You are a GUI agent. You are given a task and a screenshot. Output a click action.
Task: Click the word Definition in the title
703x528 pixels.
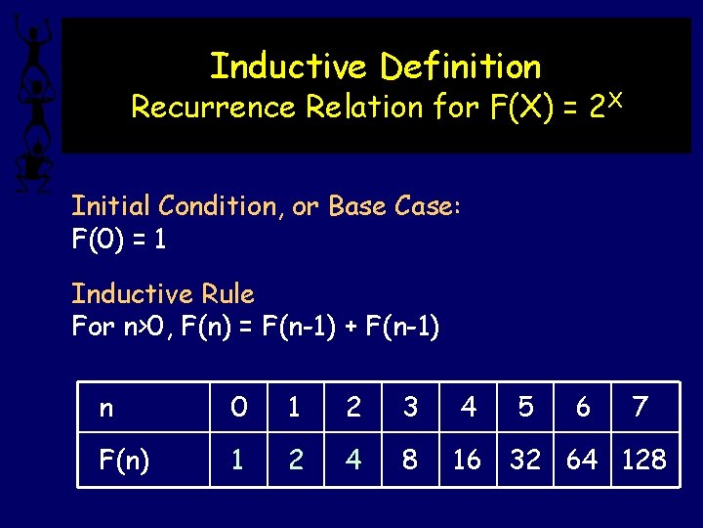[460, 66]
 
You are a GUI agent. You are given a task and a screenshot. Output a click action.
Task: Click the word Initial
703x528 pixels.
[110, 206]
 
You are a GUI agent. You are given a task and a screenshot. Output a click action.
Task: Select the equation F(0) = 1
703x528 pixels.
[118, 239]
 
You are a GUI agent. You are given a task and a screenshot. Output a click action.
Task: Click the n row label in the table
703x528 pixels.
[106, 408]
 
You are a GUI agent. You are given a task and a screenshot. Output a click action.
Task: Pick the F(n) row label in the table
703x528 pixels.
[124, 459]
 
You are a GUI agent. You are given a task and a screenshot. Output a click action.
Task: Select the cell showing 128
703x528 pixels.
[643, 459]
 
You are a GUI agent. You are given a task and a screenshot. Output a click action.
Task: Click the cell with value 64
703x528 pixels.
[583, 459]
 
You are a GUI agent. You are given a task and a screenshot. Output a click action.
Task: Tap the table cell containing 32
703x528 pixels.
[525, 459]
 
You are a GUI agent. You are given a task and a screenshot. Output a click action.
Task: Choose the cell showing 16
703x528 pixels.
[467, 459]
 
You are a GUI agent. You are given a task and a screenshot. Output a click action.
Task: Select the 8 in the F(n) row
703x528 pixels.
[410, 459]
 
